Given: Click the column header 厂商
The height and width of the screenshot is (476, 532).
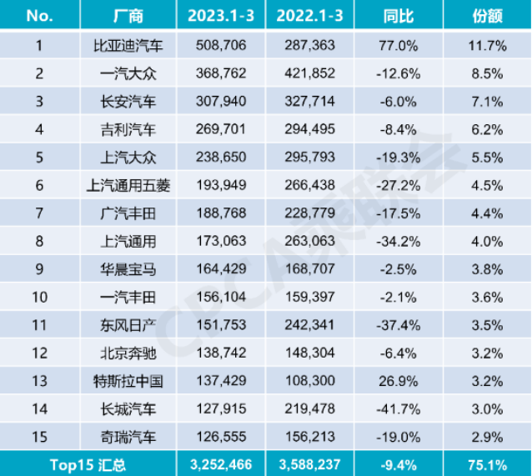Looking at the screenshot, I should (128, 16).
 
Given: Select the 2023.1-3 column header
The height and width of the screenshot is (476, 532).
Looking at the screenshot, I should (219, 16).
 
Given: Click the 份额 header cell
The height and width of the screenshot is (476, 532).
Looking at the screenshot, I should (487, 16).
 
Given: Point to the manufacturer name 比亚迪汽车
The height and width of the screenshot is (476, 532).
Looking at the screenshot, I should (128, 46).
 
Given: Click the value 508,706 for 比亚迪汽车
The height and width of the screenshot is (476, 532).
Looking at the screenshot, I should (219, 46).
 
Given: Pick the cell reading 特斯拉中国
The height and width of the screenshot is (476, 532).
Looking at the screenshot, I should (128, 381).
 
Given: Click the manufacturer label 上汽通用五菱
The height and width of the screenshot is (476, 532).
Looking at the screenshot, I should (128, 186).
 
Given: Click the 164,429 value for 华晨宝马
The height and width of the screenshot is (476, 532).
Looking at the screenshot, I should (219, 269).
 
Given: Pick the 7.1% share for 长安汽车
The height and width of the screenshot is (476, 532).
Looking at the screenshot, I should (487, 102).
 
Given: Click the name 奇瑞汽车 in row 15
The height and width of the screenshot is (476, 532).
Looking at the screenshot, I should (128, 437).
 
